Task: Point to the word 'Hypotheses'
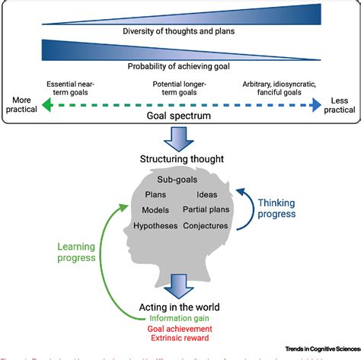point(155,226)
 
